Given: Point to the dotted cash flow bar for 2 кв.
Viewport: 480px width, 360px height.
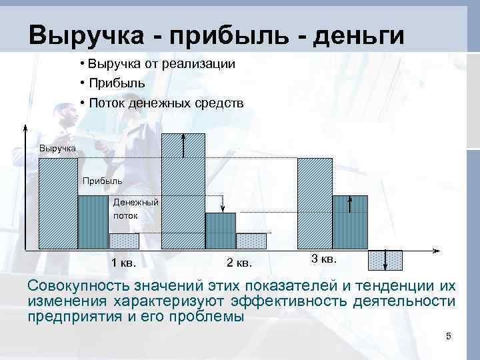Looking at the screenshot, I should click(x=251, y=241).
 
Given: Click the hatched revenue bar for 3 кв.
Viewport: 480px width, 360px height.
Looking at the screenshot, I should click(x=315, y=203).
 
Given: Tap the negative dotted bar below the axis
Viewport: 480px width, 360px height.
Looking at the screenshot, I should click(x=385, y=260).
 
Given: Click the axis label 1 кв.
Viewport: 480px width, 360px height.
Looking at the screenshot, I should click(x=124, y=262).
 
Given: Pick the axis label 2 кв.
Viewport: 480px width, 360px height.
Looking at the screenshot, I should click(x=239, y=262).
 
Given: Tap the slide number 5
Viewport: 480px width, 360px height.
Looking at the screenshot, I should click(x=449, y=337).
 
